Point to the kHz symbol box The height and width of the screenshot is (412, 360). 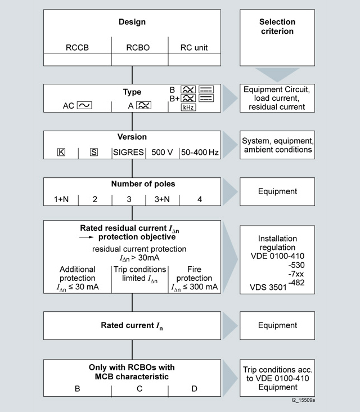(188, 107)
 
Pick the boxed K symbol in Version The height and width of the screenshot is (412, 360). (61, 153)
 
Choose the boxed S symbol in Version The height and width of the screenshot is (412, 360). (94, 153)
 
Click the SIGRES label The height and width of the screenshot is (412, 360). (128, 153)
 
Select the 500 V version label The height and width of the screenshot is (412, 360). (162, 153)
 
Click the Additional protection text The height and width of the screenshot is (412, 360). (78, 274)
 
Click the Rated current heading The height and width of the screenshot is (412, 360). (132, 325)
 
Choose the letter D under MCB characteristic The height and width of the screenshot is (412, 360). (195, 388)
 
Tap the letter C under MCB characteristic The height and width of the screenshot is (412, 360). (139, 388)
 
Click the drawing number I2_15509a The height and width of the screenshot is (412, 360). (303, 401)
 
